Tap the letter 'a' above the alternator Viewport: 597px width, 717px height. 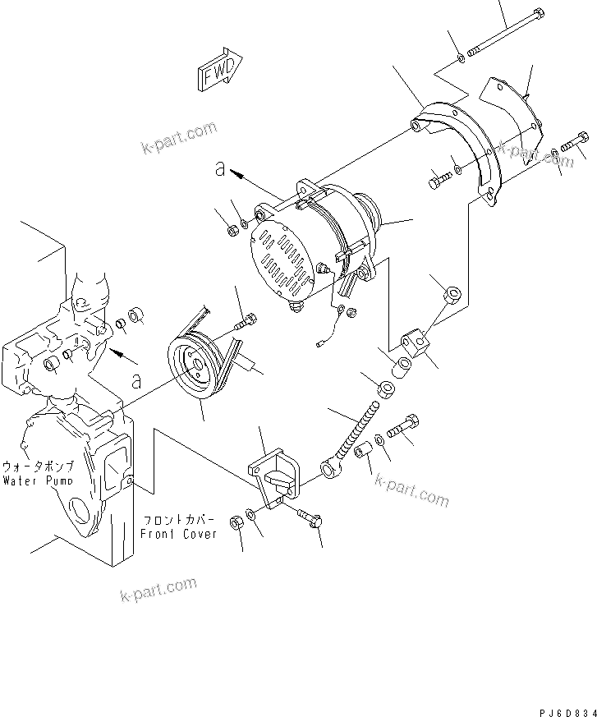[219, 169]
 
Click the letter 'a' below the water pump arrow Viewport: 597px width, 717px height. [136, 381]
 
